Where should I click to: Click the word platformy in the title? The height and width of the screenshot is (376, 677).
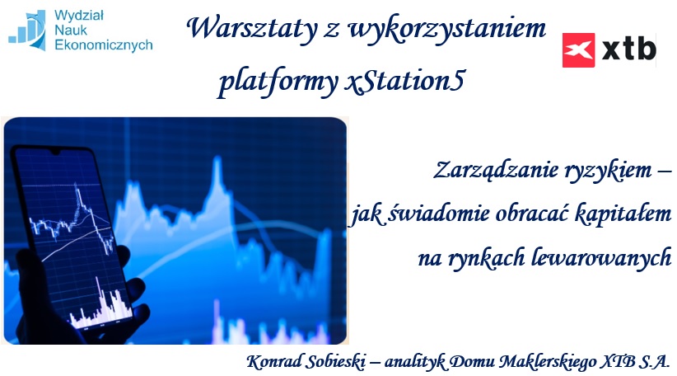point(278,82)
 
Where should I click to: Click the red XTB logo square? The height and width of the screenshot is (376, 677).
point(578,50)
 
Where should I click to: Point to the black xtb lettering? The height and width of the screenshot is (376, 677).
point(629,48)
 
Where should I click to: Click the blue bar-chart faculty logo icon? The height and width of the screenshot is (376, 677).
point(28,31)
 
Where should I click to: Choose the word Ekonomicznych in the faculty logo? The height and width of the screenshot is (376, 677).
point(104,45)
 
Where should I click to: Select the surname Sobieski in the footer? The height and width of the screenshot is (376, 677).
point(335,362)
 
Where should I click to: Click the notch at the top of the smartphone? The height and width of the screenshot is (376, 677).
point(55,152)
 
